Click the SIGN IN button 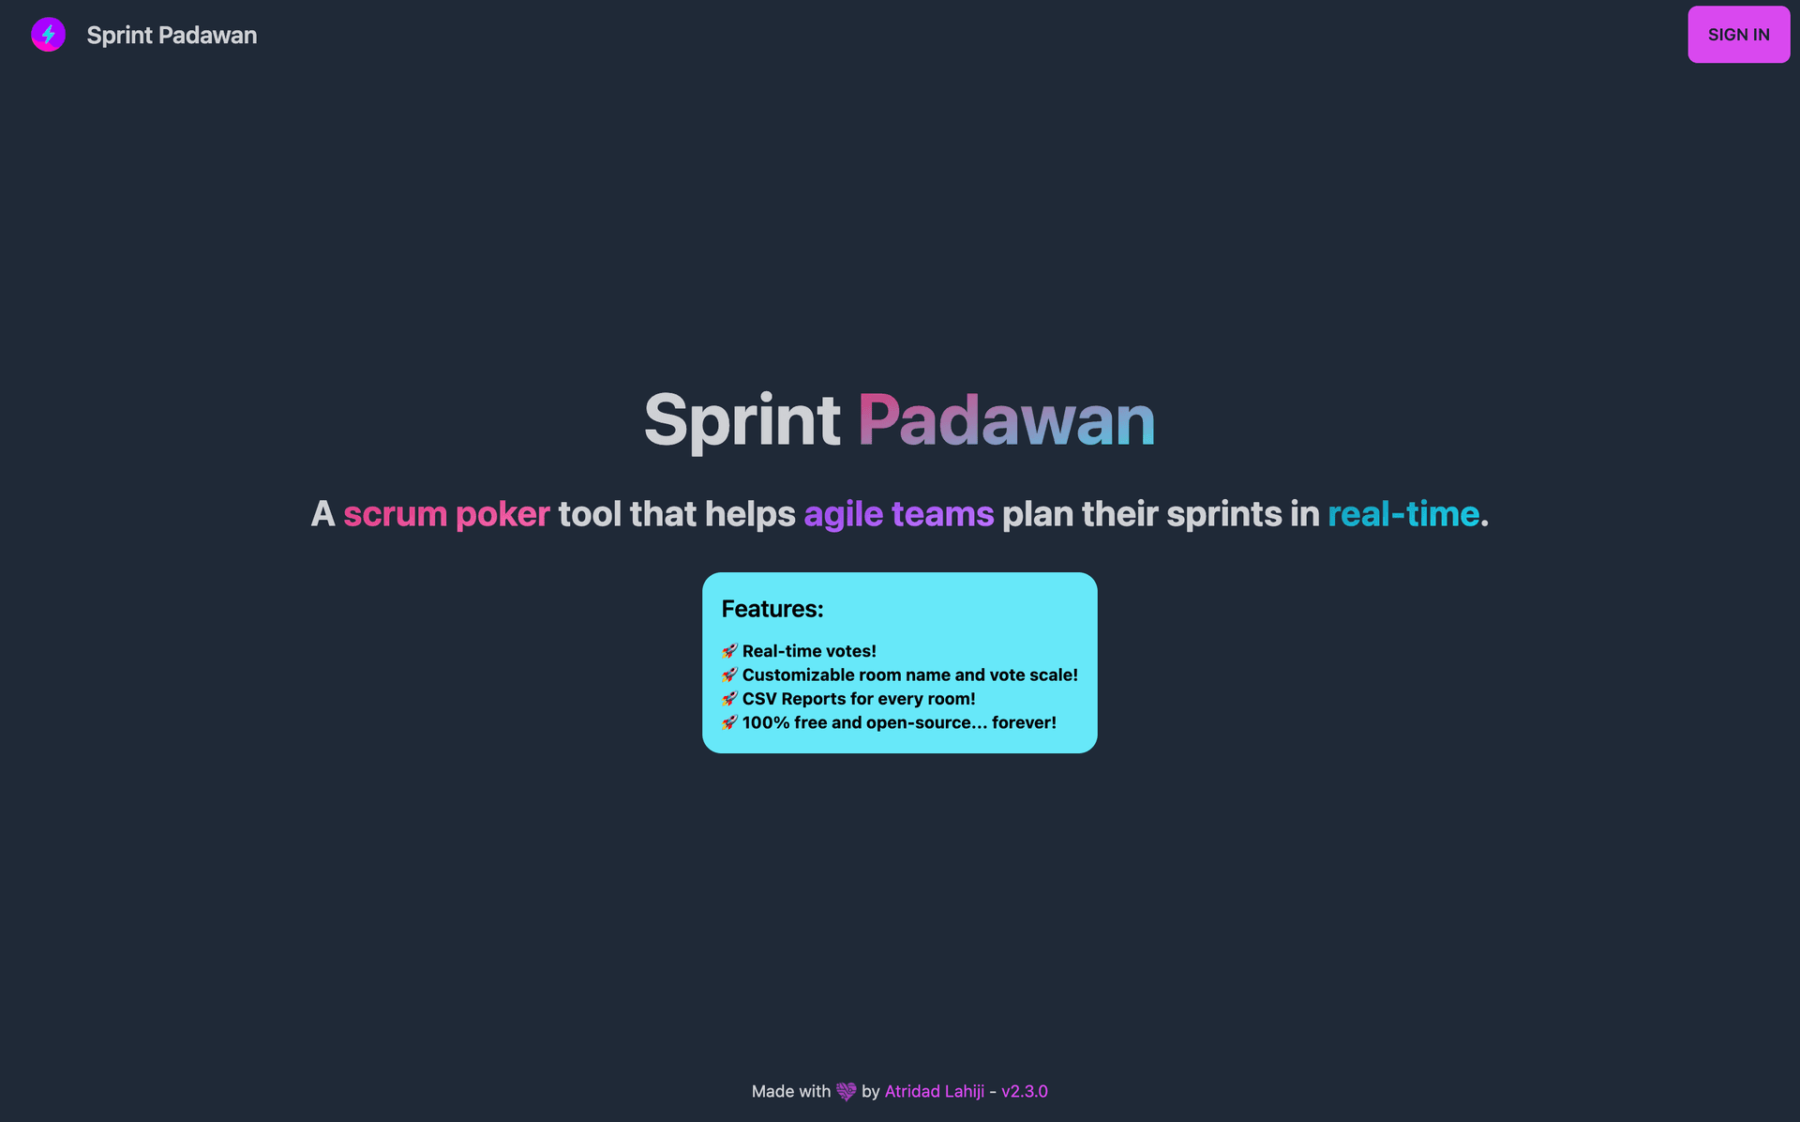1738,35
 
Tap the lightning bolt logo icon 48,35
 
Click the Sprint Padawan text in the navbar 172,35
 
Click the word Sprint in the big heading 742,419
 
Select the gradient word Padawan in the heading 1006,419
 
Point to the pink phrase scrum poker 446,514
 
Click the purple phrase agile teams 898,514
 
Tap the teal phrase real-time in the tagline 1403,514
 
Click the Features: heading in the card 772,609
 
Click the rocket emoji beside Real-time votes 729,651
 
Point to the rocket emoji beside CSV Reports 729,699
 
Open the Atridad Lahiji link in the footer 935,1091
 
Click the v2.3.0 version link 1025,1091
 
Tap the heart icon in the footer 847,1091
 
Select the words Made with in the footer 791,1091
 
